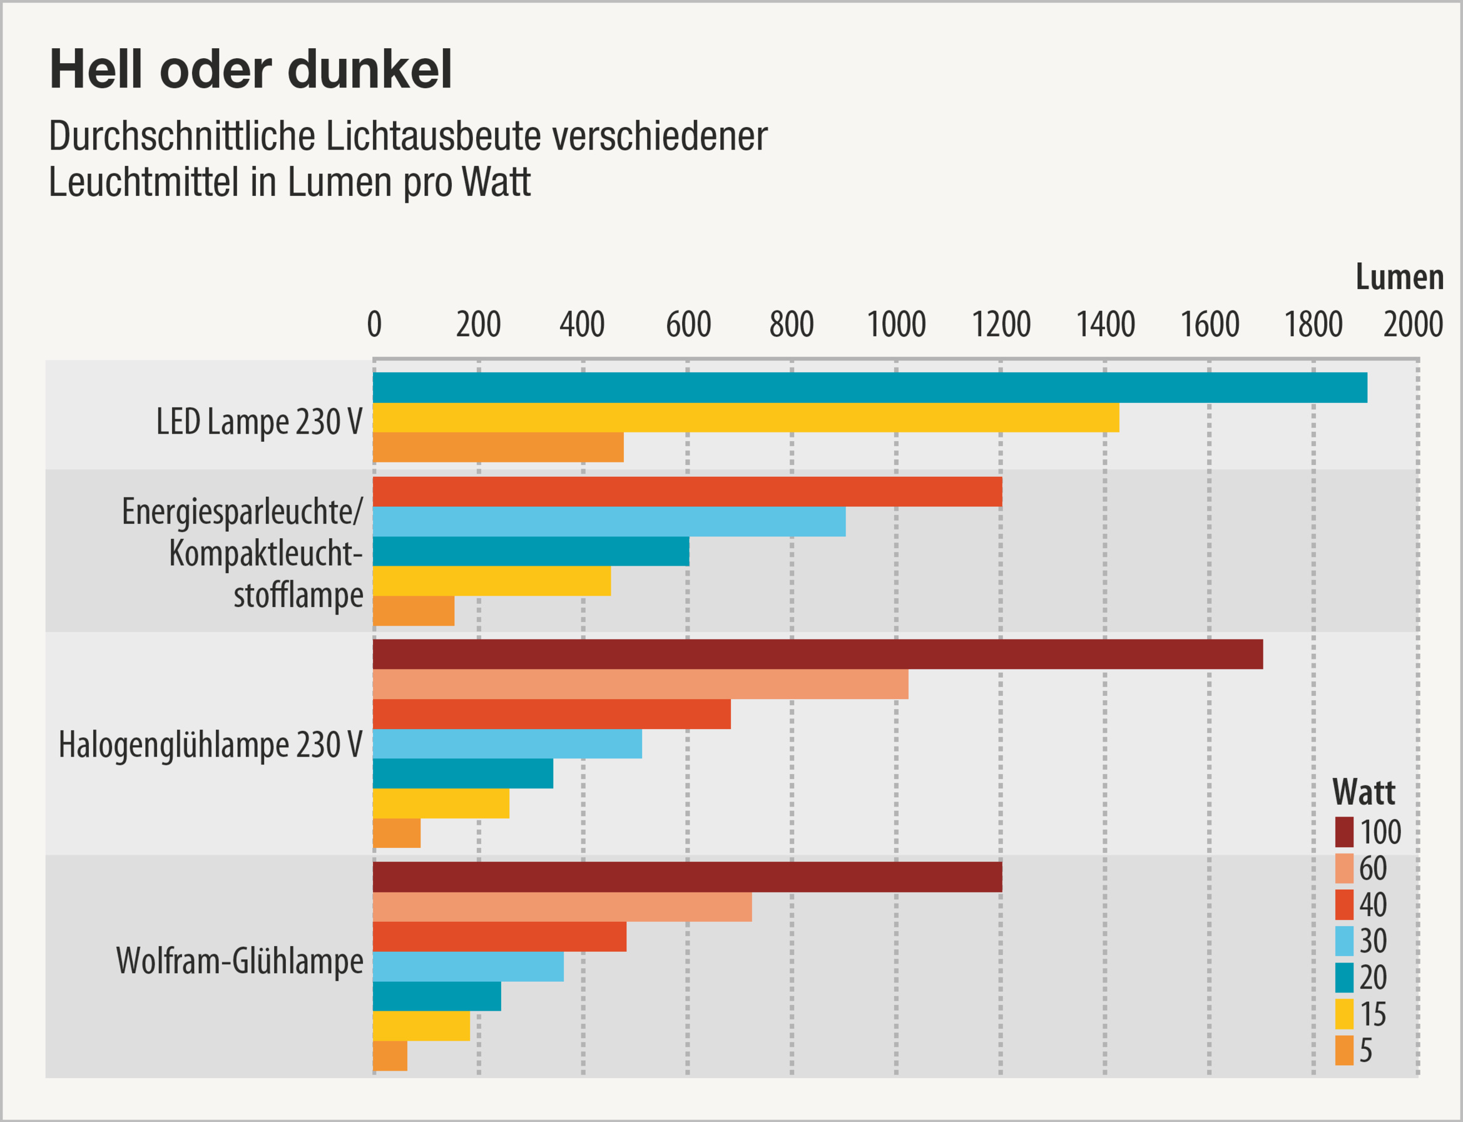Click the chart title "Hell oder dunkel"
coord(250,69)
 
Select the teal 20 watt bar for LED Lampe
coord(869,387)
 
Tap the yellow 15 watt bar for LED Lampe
coord(745,417)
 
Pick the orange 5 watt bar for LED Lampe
coord(497,447)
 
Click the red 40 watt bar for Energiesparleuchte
coord(687,492)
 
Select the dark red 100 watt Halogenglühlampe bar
coord(817,654)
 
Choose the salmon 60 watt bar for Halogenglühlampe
coord(640,684)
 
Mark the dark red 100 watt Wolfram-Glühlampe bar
coord(687,877)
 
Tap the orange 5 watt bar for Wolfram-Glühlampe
coord(390,1056)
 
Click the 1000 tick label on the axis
coord(895,325)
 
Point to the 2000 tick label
coord(1413,325)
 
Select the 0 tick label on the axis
coord(374,325)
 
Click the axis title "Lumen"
coord(1400,277)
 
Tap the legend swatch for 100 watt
coord(1344,832)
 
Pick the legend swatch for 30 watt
coord(1344,941)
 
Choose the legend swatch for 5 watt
coord(1344,1051)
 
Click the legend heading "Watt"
coord(1364,793)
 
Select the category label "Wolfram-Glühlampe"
coord(239,961)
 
